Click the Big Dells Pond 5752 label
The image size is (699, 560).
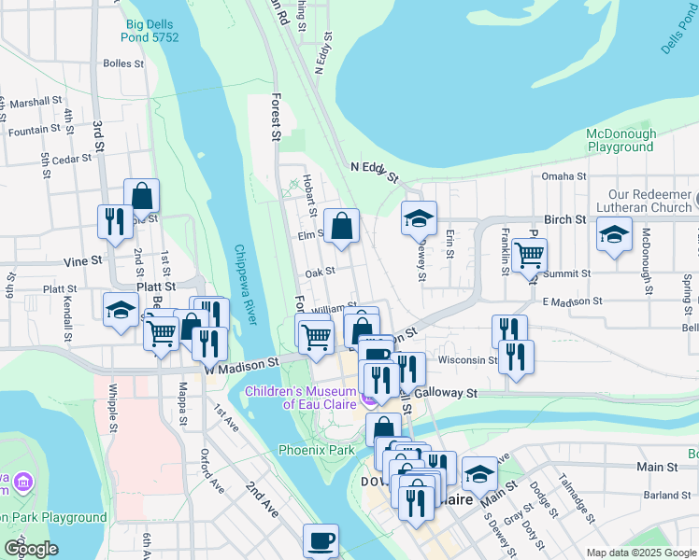tap(150, 30)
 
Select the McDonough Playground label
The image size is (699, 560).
tap(621, 140)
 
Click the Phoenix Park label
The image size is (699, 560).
tap(317, 450)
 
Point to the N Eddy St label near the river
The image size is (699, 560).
tap(374, 171)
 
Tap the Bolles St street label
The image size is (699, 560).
tap(123, 64)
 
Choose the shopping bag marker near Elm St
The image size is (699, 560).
tap(342, 225)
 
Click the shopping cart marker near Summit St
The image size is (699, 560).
tap(529, 254)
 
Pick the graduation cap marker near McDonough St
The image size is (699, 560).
tap(614, 233)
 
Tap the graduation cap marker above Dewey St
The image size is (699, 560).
tap(419, 218)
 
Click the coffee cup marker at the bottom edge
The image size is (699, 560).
tap(321, 540)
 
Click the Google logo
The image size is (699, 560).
tap(31, 549)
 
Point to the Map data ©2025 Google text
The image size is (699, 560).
tap(641, 553)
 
